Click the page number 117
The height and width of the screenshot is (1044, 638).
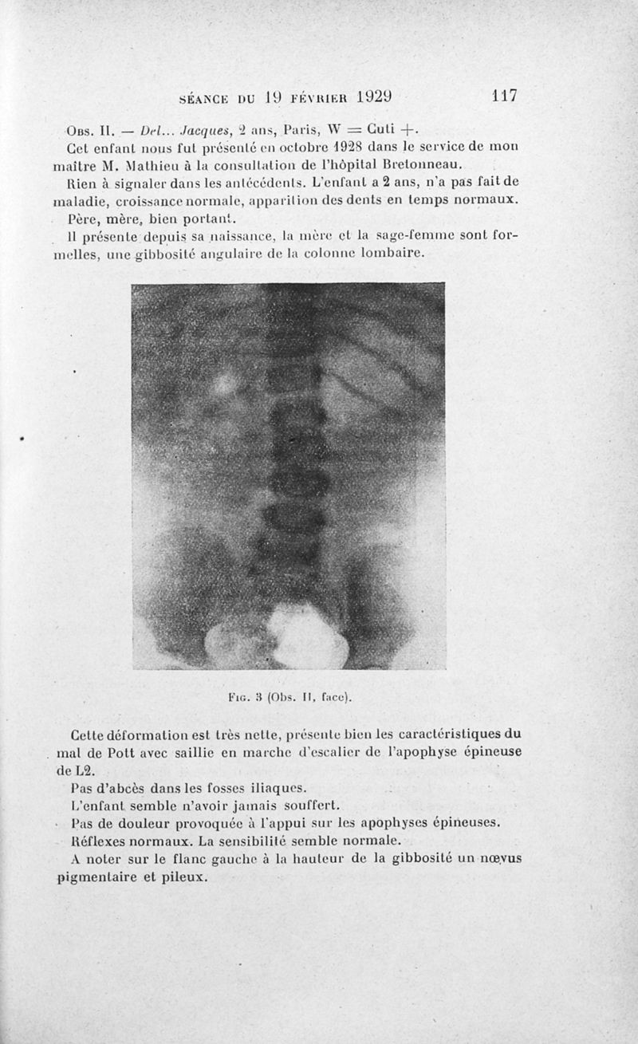(x=505, y=97)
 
